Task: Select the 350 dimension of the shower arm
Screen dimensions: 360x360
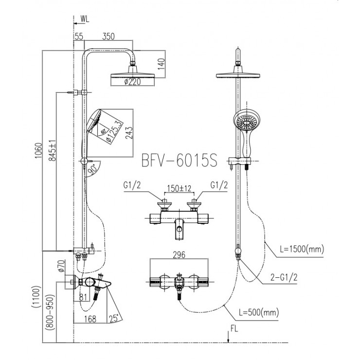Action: click(x=108, y=36)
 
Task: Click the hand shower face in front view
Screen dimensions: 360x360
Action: click(x=244, y=121)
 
